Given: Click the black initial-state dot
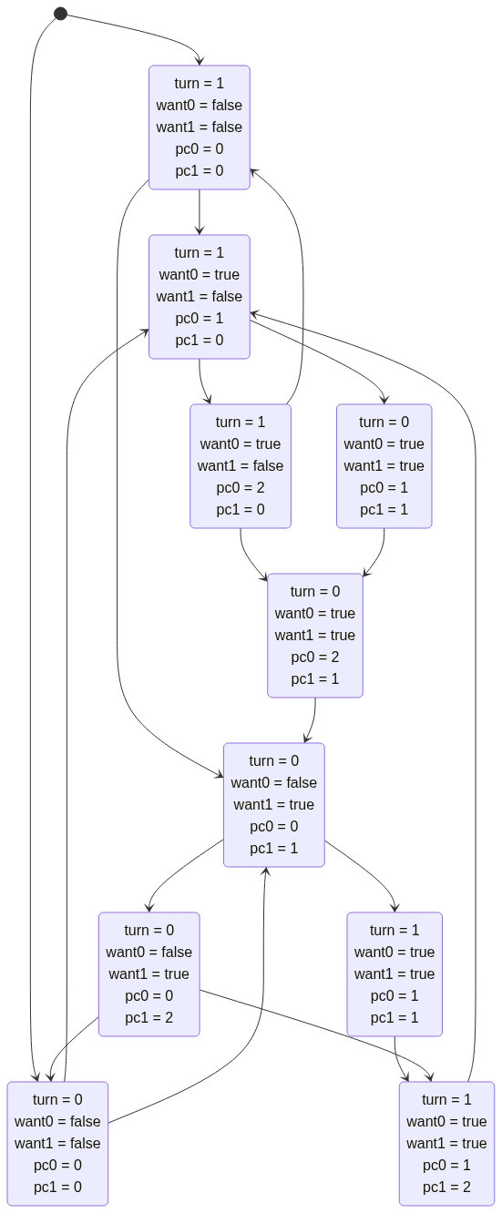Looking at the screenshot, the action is click(x=61, y=14).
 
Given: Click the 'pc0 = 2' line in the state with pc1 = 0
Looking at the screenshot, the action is click(x=241, y=487).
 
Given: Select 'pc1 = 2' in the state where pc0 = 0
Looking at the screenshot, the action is click(x=149, y=1017).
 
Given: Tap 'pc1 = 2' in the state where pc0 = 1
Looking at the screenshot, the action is click(x=446, y=1187).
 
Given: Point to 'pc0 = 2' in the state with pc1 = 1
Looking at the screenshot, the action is click(x=315, y=657).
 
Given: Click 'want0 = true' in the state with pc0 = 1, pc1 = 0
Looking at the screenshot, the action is click(x=200, y=274).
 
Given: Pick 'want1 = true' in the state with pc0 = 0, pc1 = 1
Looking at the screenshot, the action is click(x=274, y=805).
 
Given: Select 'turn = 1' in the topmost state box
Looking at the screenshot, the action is click(x=200, y=84).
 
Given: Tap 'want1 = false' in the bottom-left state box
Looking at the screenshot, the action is click(x=57, y=1143).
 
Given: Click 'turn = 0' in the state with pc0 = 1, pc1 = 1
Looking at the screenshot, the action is click(x=384, y=423).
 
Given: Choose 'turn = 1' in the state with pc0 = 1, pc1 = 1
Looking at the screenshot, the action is click(x=394, y=931).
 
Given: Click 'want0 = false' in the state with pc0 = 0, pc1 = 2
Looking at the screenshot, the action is click(x=149, y=952).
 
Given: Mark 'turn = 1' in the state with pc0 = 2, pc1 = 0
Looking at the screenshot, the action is click(x=241, y=423).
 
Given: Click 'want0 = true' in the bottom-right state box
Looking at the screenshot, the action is click(x=446, y=1122).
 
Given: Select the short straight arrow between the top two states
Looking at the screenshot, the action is click(x=200, y=212).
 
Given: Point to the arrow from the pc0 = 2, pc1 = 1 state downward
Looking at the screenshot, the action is click(x=313, y=720).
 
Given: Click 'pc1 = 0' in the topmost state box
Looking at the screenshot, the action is click(x=200, y=170).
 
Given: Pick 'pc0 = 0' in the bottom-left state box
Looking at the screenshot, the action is click(x=57, y=1166).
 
